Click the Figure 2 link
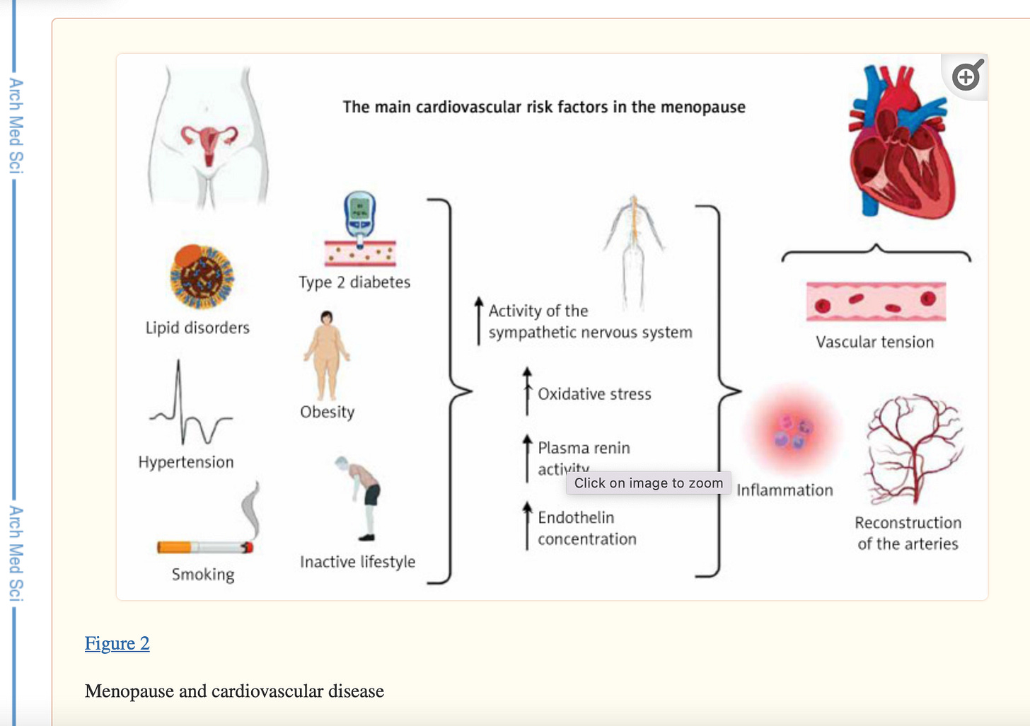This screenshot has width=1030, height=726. pyautogui.click(x=117, y=643)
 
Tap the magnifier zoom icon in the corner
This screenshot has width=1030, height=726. pyautogui.click(x=966, y=76)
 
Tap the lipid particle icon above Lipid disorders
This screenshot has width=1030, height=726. pyautogui.click(x=202, y=277)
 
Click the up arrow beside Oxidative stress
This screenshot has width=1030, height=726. pyautogui.click(x=527, y=391)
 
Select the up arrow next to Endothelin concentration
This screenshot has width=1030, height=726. pyautogui.click(x=527, y=525)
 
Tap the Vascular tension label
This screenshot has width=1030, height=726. pyautogui.click(x=874, y=342)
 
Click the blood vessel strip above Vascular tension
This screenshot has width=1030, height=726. pyautogui.click(x=876, y=301)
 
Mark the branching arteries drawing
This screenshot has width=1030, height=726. pyautogui.click(x=913, y=449)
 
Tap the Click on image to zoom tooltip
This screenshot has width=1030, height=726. pyautogui.click(x=648, y=483)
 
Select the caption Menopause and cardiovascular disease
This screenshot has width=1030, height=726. pyautogui.click(x=234, y=691)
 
